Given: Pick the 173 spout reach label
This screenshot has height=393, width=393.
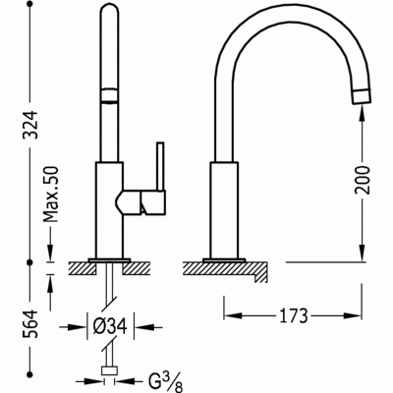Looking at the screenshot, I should [293, 316].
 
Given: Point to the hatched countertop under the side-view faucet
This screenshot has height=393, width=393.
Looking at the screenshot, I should [226, 264].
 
